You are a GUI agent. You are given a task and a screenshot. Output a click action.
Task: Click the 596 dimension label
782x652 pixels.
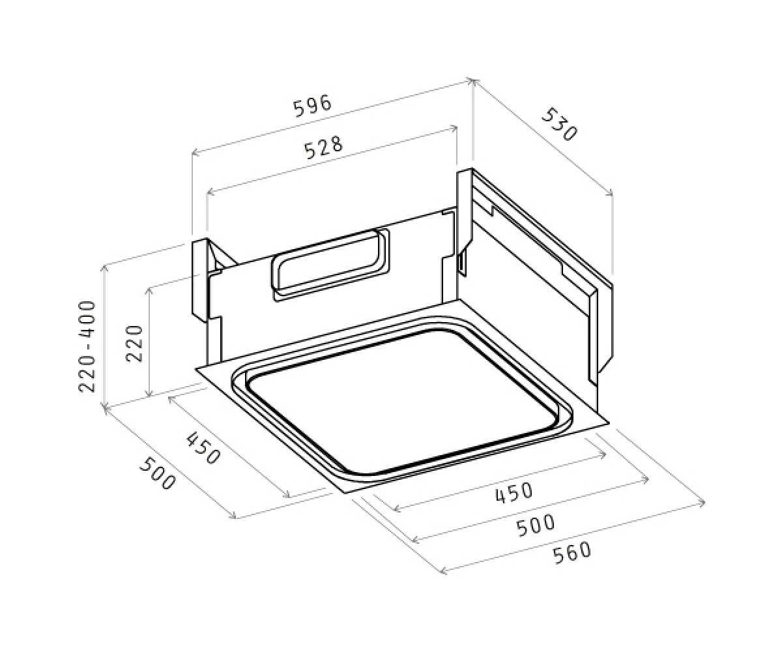pyautogui.click(x=313, y=106)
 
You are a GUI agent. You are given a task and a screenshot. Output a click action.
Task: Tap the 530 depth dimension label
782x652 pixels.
pyautogui.click(x=560, y=125)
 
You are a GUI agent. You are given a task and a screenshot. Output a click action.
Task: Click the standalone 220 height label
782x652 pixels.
pyautogui.click(x=135, y=343)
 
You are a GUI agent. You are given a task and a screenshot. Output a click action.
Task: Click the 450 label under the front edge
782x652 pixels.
pyautogui.click(x=514, y=493)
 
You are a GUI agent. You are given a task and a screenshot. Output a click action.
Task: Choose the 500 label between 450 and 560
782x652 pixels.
pyautogui.click(x=536, y=525)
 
